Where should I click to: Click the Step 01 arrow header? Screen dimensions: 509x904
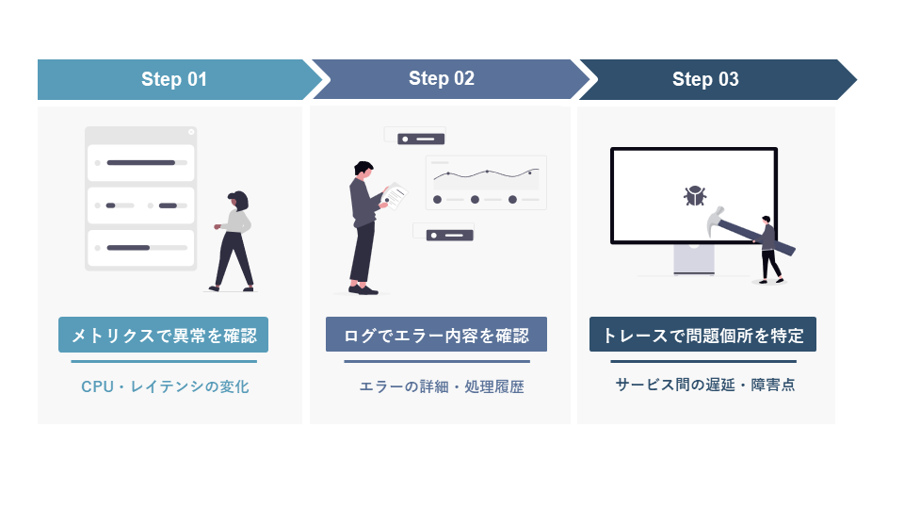[174, 79]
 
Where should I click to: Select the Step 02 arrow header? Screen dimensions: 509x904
[442, 79]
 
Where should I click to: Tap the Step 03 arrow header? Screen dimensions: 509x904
[705, 79]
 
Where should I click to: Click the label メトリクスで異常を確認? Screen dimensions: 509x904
[163, 335]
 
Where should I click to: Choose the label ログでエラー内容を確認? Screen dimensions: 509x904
[436, 335]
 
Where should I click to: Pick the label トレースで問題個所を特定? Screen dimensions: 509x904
[702, 335]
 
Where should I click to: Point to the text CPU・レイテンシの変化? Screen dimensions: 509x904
[165, 386]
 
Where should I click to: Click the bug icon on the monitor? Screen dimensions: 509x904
[695, 196]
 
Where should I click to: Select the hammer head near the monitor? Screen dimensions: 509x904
[716, 221]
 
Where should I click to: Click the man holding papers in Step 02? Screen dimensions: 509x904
[363, 226]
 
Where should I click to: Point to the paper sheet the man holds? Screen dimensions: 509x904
[396, 195]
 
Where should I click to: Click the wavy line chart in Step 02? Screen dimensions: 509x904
[486, 174]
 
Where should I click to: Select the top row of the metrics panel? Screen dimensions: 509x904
[140, 162]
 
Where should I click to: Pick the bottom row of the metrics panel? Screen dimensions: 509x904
[140, 248]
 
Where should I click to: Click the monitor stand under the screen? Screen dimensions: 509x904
[693, 260]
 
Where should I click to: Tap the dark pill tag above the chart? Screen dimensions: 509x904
[421, 139]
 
